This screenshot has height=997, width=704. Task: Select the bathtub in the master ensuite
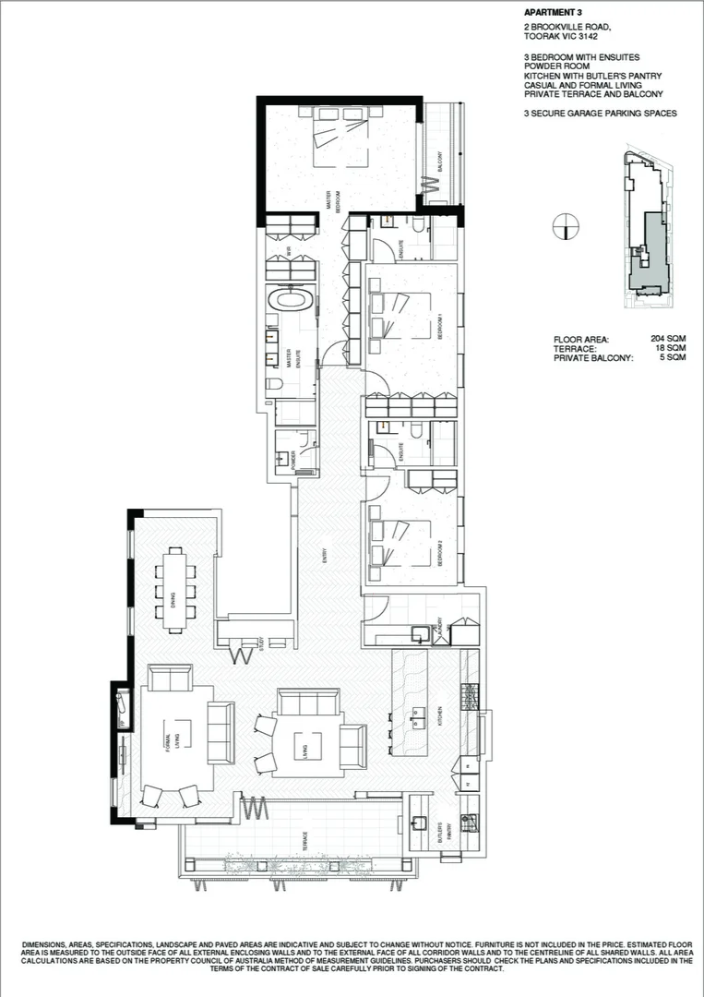pos(291,302)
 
